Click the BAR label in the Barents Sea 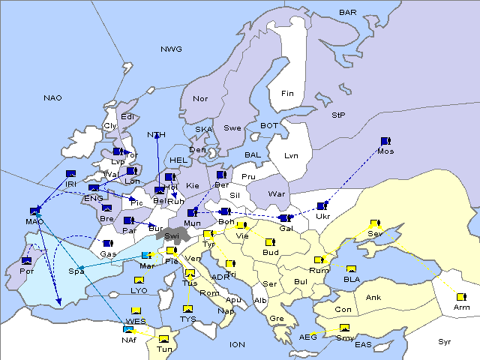pyautogui.click(x=347, y=12)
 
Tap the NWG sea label pyautogui.click(x=171, y=49)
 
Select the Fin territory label pyautogui.click(x=287, y=94)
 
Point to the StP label pyautogui.click(x=338, y=115)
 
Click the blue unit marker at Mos pyautogui.click(x=385, y=141)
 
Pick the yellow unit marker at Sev pyautogui.click(x=375, y=224)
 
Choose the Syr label pyautogui.click(x=445, y=341)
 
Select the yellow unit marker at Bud pyautogui.click(x=270, y=243)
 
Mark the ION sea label pyautogui.click(x=237, y=344)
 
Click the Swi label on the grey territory pyautogui.click(x=171, y=236)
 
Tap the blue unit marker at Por pyautogui.click(x=27, y=261)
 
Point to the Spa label pyautogui.click(x=76, y=271)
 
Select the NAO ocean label pyautogui.click(x=52, y=98)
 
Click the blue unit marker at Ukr pyautogui.click(x=322, y=206)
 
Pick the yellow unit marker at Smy pyautogui.click(x=344, y=328)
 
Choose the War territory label pyautogui.click(x=277, y=193)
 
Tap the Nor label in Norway pyautogui.click(x=200, y=99)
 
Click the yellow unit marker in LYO pyautogui.click(x=139, y=280)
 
